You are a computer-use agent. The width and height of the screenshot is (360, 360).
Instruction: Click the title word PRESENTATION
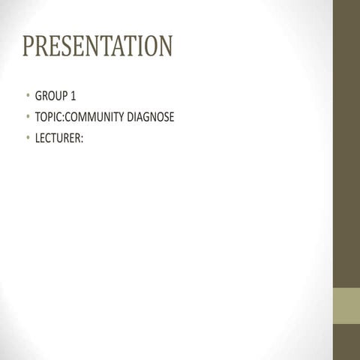click(x=97, y=46)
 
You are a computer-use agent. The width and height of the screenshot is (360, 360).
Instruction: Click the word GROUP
click(x=50, y=97)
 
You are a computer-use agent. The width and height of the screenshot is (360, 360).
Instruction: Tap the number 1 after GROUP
click(x=73, y=97)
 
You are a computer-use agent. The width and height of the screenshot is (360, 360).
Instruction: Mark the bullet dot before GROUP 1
click(x=27, y=97)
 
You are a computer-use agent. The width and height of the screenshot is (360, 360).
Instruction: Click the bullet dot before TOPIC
click(x=27, y=117)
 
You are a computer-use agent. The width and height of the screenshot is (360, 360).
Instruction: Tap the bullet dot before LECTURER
click(x=27, y=137)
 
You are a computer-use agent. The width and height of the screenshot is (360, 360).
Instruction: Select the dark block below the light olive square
click(x=346, y=342)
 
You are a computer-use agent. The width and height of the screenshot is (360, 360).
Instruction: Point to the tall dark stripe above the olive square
click(x=346, y=142)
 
